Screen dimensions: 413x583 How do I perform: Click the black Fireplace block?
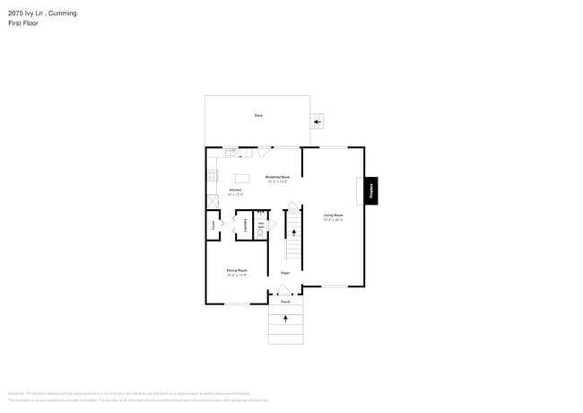[370, 190]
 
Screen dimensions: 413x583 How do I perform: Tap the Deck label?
[258, 115]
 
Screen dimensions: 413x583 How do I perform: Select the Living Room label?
[334, 215]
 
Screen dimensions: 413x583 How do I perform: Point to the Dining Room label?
[237, 271]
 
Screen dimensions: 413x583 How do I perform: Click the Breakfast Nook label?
[277, 178]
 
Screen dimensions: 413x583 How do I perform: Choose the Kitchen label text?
[235, 190]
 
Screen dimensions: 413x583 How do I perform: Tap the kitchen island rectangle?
[242, 178]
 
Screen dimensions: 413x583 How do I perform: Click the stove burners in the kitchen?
[213, 176]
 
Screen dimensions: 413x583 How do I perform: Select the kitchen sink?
[231, 151]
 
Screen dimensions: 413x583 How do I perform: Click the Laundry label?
[245, 227]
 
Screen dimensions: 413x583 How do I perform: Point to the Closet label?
[213, 226]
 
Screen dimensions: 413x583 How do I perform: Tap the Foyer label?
[285, 272]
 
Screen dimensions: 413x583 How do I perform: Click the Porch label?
[285, 302]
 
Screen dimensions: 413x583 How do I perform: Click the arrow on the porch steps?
[286, 319]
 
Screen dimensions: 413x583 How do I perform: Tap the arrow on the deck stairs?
[317, 122]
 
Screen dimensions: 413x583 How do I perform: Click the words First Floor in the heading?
[23, 23]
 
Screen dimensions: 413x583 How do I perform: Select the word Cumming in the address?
[63, 13]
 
